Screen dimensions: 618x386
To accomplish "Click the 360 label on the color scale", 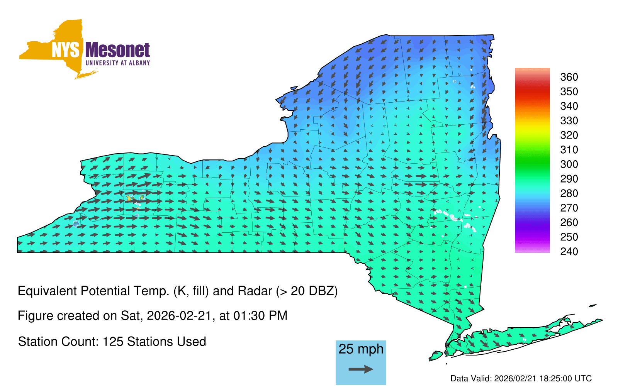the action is point(569,77).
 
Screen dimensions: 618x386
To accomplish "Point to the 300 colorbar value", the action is point(569,164).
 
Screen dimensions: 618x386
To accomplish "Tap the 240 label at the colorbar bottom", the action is point(569,251).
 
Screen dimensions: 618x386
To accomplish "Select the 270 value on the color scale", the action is point(569,208).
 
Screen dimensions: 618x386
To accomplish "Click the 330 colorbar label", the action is point(569,121).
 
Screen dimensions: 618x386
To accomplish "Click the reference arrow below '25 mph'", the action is point(361,369).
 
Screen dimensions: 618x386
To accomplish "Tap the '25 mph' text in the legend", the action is point(361,349).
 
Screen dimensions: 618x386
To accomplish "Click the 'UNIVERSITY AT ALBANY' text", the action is point(118,63).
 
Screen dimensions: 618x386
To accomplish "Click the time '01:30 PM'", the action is point(260,316).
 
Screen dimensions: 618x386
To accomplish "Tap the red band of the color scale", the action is point(532,91).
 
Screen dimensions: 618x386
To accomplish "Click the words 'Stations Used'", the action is point(166,342).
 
